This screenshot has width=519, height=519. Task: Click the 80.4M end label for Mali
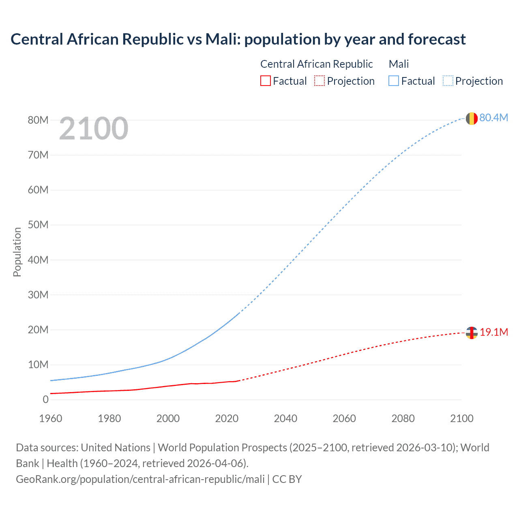click(493, 118)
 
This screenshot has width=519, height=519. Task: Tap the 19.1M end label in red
click(493, 332)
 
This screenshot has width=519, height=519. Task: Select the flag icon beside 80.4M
click(471, 118)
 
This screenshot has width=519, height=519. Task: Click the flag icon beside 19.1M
click(471, 333)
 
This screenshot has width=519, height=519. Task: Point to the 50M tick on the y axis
click(38, 225)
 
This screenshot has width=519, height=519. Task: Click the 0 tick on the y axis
click(45, 399)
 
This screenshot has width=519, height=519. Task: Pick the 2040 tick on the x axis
click(285, 418)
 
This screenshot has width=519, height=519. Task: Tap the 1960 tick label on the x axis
click(51, 418)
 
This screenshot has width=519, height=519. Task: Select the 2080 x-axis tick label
click(403, 418)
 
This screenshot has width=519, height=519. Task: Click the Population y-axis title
click(17, 252)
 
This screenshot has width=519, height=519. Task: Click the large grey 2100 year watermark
click(94, 129)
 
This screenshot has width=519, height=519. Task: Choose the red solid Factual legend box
click(265, 81)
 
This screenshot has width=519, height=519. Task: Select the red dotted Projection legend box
click(320, 81)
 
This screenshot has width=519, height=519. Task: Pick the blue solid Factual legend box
click(393, 81)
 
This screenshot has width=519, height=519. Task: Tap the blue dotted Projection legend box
click(448, 81)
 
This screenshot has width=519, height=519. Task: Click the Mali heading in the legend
click(399, 64)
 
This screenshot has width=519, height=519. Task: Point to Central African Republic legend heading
click(316, 64)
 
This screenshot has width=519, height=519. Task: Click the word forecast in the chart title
click(437, 39)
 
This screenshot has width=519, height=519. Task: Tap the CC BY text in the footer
click(287, 479)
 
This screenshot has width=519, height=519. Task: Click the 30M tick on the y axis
click(38, 295)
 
